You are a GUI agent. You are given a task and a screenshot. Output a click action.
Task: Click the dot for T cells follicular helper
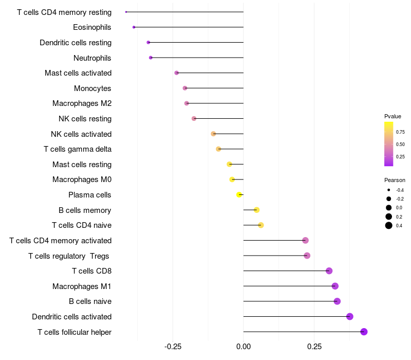coord(364,332)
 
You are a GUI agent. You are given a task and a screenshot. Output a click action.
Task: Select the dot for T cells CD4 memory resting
coord(126,12)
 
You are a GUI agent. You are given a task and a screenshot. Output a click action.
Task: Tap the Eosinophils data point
coord(134,27)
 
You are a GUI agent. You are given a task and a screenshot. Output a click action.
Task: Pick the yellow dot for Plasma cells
coord(239,195)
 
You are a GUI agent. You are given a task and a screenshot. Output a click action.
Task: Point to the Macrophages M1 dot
coord(335,286)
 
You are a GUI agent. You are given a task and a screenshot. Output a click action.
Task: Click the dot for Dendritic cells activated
coord(350,316)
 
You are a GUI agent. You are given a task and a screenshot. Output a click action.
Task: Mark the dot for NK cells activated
coord(213,134)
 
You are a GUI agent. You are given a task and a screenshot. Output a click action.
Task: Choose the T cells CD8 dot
coord(329,271)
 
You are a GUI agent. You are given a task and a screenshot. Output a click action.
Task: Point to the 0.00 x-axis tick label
coord(243,347)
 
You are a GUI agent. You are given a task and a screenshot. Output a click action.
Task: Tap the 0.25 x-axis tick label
coord(314,347)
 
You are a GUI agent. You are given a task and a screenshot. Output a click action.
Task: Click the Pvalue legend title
coord(393,116)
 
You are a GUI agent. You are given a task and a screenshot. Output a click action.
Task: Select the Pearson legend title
coord(395,181)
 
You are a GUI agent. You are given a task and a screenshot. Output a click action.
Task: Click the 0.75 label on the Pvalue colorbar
coord(400,132)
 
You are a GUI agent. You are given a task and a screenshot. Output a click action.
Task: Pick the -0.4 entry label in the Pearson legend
coord(400,190)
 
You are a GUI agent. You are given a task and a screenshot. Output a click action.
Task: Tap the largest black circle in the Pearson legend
coord(389,225)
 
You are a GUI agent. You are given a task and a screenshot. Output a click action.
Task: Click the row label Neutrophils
coord(92,58)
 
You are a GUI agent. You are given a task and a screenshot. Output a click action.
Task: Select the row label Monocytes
coord(92,88)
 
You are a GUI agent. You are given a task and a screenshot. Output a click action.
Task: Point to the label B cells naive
coord(90,301)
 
